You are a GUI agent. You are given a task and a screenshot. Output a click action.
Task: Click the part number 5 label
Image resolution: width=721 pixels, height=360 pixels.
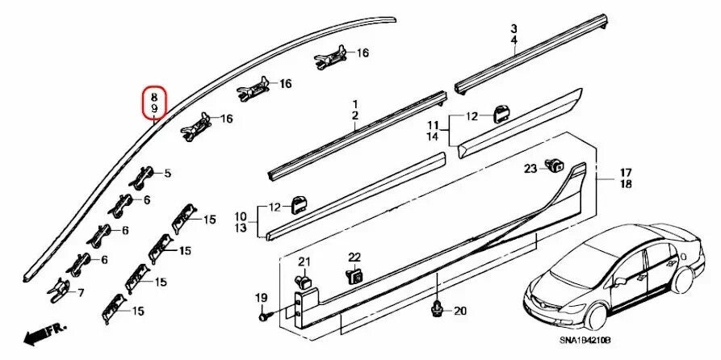pos(168,174)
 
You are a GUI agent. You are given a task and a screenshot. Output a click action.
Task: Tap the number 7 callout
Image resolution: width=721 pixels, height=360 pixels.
pos(81,291)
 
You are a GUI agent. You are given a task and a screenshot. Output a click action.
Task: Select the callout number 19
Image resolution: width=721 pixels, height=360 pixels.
pos(261,299)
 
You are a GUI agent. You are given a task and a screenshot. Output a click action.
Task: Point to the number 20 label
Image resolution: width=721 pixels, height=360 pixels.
pos(460,311)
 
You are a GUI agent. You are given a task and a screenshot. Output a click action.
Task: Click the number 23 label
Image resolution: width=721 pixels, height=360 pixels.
pos(530,169)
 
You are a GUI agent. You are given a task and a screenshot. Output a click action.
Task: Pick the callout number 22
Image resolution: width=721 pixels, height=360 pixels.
pos(354,257)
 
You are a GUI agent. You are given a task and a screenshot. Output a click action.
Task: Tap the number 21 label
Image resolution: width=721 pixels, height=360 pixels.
pos(304,261)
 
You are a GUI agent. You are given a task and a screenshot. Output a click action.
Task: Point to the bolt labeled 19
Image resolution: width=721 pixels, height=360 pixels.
pos(264,318)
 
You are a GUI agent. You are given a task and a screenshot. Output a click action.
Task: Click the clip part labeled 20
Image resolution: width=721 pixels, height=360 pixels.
pos(437,307)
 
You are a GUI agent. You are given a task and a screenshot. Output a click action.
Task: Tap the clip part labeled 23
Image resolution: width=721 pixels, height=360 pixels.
pos(555,167)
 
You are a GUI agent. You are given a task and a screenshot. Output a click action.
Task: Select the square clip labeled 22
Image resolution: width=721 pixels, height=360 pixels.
pos(355,276)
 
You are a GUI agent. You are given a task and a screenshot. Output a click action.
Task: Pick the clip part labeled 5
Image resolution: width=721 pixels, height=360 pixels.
pos(147,174)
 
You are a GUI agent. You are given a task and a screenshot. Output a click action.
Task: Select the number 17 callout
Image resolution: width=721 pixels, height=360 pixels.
pos(626,172)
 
